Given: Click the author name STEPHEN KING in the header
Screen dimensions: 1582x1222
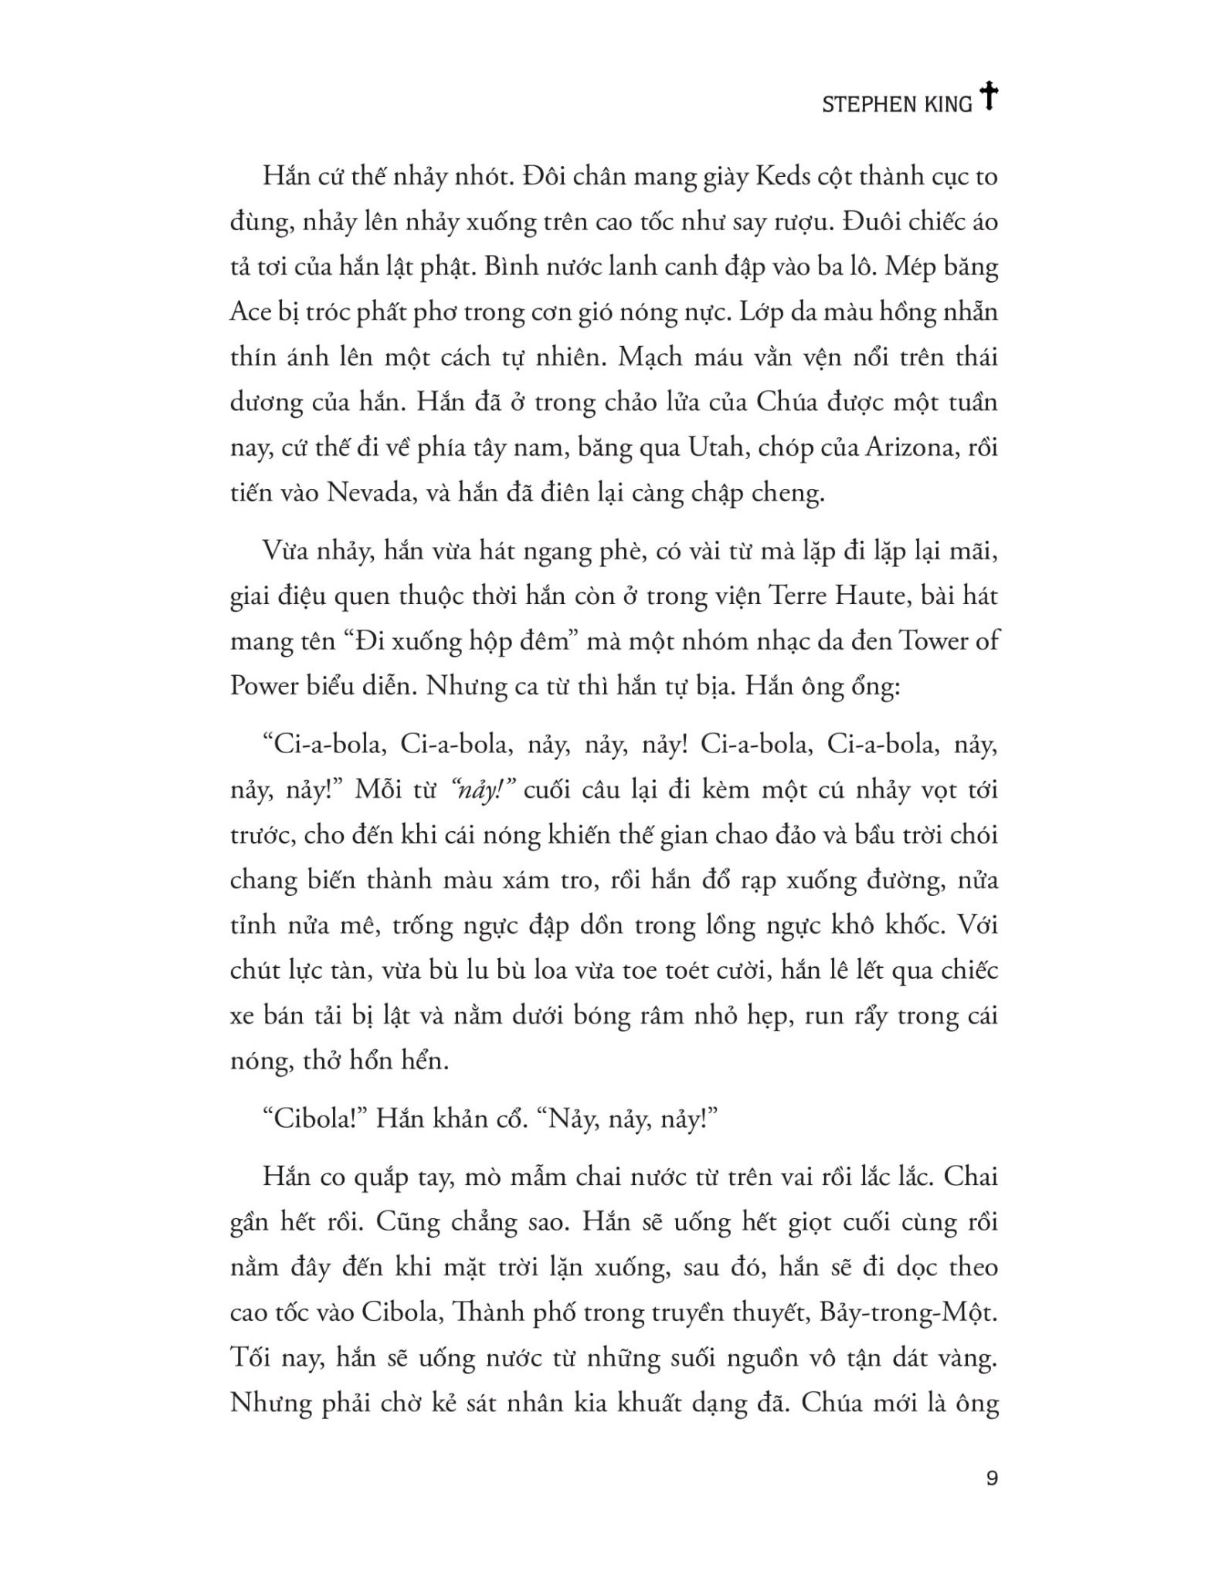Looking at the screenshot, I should pyautogui.click(x=896, y=104).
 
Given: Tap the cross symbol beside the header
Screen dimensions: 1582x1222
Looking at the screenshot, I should pyautogui.click(x=988, y=97).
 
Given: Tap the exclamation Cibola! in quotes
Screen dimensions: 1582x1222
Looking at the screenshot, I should pyautogui.click(x=314, y=1119).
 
